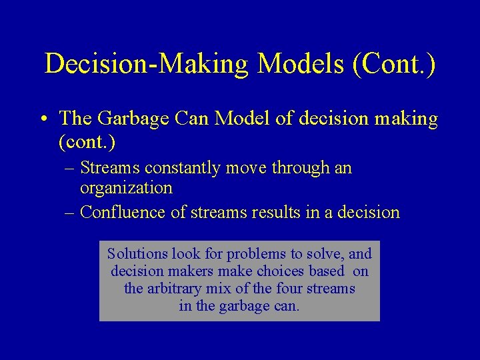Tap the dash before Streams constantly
[x=70, y=169]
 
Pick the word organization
[x=126, y=188]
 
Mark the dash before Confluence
[x=70, y=213]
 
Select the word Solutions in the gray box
[x=137, y=254]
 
